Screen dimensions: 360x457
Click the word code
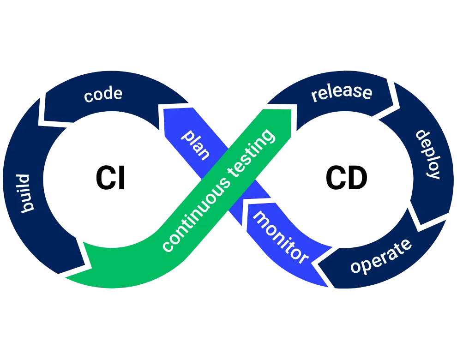coord(103,94)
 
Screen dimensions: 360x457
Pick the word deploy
coord(427,154)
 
